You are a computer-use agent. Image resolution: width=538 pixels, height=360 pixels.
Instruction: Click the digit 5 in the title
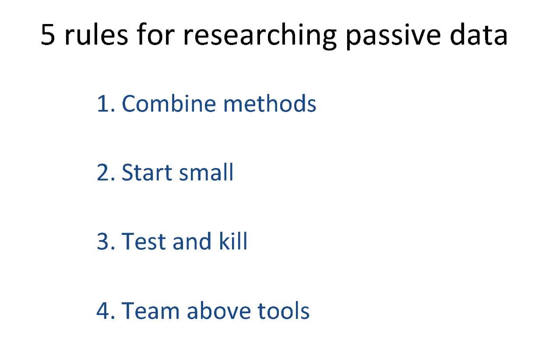tap(48, 34)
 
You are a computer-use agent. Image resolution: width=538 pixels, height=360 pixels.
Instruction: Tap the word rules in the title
tap(96, 34)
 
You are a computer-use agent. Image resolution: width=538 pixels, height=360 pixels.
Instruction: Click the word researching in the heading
tap(260, 36)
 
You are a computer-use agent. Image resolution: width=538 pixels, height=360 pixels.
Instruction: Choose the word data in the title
tap(478, 34)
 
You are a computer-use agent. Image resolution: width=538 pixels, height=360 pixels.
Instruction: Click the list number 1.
tap(106, 104)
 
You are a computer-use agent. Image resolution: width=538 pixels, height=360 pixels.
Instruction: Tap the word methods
tap(270, 103)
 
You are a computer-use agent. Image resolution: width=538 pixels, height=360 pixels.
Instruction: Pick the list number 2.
tap(106, 172)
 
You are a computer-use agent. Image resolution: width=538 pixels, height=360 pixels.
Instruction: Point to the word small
tap(206, 172)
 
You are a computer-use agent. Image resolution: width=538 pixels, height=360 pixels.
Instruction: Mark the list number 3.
tap(106, 241)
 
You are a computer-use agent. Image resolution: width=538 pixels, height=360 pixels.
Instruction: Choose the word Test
tap(144, 241)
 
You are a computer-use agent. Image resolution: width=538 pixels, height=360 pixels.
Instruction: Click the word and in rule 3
tap(192, 241)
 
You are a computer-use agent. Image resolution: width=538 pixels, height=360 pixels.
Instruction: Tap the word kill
tap(233, 241)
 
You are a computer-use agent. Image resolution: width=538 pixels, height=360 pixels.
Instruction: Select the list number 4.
tap(106, 311)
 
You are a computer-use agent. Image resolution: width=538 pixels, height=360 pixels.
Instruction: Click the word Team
tap(151, 311)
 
